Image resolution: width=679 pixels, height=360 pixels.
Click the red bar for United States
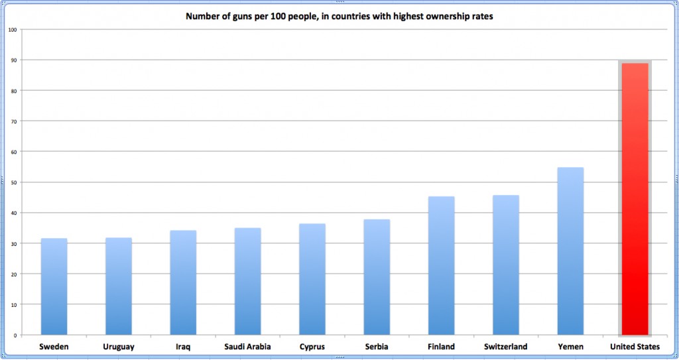(635, 199)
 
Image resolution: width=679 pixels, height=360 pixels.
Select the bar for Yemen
(570, 251)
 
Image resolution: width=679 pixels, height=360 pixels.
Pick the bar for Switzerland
(506, 265)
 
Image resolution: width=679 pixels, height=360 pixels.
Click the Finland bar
(441, 265)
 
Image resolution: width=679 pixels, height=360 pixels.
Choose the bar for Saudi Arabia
(247, 281)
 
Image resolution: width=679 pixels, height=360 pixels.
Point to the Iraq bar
(183, 282)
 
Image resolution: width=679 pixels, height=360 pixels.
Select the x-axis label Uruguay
(118, 347)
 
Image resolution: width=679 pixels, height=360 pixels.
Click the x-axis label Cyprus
(312, 347)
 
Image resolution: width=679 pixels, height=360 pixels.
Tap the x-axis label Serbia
(377, 347)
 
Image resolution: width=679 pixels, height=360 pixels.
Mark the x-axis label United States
(635, 347)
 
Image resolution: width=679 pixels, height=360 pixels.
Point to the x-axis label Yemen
(570, 347)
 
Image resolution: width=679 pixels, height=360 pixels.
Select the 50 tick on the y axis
(14, 182)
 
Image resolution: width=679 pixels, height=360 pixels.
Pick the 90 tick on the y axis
(14, 60)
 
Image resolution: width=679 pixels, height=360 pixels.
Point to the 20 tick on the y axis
(14, 274)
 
